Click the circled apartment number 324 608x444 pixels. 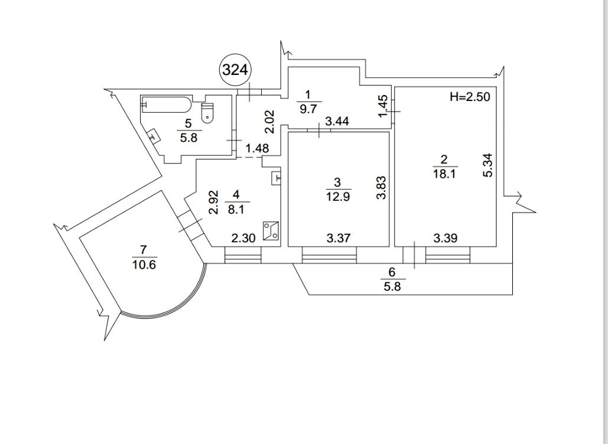pyautogui.click(x=235, y=70)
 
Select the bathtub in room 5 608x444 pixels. pyautogui.click(x=166, y=105)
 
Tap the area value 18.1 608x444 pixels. pyautogui.click(x=444, y=174)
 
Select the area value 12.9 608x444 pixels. pyautogui.click(x=339, y=197)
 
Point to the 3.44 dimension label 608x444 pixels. pyautogui.click(x=337, y=122)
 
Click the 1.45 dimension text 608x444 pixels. pyautogui.click(x=383, y=106)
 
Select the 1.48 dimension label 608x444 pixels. pyautogui.click(x=258, y=149)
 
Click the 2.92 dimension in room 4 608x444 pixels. pyautogui.click(x=214, y=201)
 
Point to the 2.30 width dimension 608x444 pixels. pyautogui.click(x=243, y=239)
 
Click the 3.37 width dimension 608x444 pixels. pyautogui.click(x=339, y=239)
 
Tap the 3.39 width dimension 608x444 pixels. pyautogui.click(x=446, y=239)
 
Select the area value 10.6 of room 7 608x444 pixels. pyautogui.click(x=144, y=265)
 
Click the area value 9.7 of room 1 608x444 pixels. pyautogui.click(x=308, y=109)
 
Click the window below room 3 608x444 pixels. pyautogui.click(x=330, y=255)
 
